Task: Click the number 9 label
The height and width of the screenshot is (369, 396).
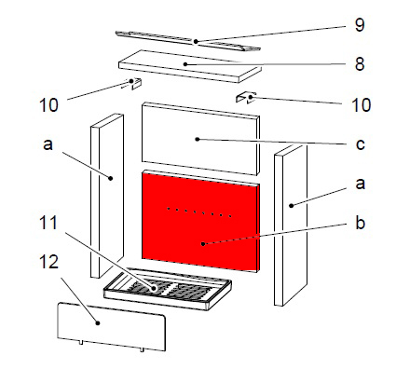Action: click(x=360, y=25)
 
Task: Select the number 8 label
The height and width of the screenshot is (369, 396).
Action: click(x=360, y=64)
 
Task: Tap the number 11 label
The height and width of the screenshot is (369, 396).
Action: click(x=48, y=223)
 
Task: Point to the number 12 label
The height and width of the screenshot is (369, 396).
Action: click(x=48, y=262)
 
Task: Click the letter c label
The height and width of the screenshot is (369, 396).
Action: click(x=360, y=144)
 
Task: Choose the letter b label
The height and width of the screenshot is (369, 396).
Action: click(x=360, y=223)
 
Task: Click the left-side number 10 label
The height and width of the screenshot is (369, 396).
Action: click(x=48, y=105)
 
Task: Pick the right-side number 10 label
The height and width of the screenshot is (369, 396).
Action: click(x=362, y=105)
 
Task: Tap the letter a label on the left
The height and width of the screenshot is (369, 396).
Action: click(x=48, y=144)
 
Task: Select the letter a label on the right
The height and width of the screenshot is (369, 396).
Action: click(x=360, y=184)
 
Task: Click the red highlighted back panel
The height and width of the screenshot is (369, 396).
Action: click(x=200, y=221)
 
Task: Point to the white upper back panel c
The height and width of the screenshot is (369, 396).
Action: click(x=200, y=139)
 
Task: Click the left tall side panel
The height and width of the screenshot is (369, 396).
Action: click(x=107, y=196)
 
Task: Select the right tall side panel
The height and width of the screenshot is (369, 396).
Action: click(x=291, y=225)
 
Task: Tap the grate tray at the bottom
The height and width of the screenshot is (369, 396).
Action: click(x=167, y=289)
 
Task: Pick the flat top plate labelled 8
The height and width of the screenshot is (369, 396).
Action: click(x=189, y=66)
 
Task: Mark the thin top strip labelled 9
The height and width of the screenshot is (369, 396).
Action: click(x=187, y=41)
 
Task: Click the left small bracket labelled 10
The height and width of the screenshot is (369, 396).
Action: click(x=134, y=83)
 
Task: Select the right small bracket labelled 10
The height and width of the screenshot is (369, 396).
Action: click(x=246, y=97)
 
